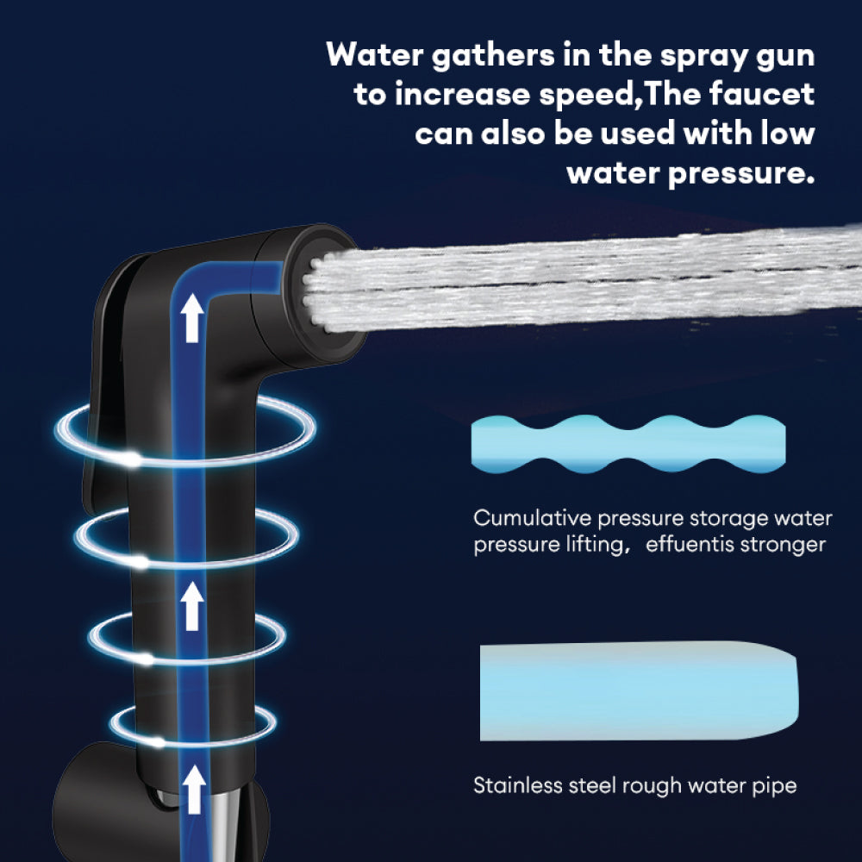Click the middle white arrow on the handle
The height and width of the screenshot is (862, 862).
click(193, 606)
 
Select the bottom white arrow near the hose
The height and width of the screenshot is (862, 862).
click(195, 787)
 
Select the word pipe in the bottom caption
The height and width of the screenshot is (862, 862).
click(776, 786)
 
